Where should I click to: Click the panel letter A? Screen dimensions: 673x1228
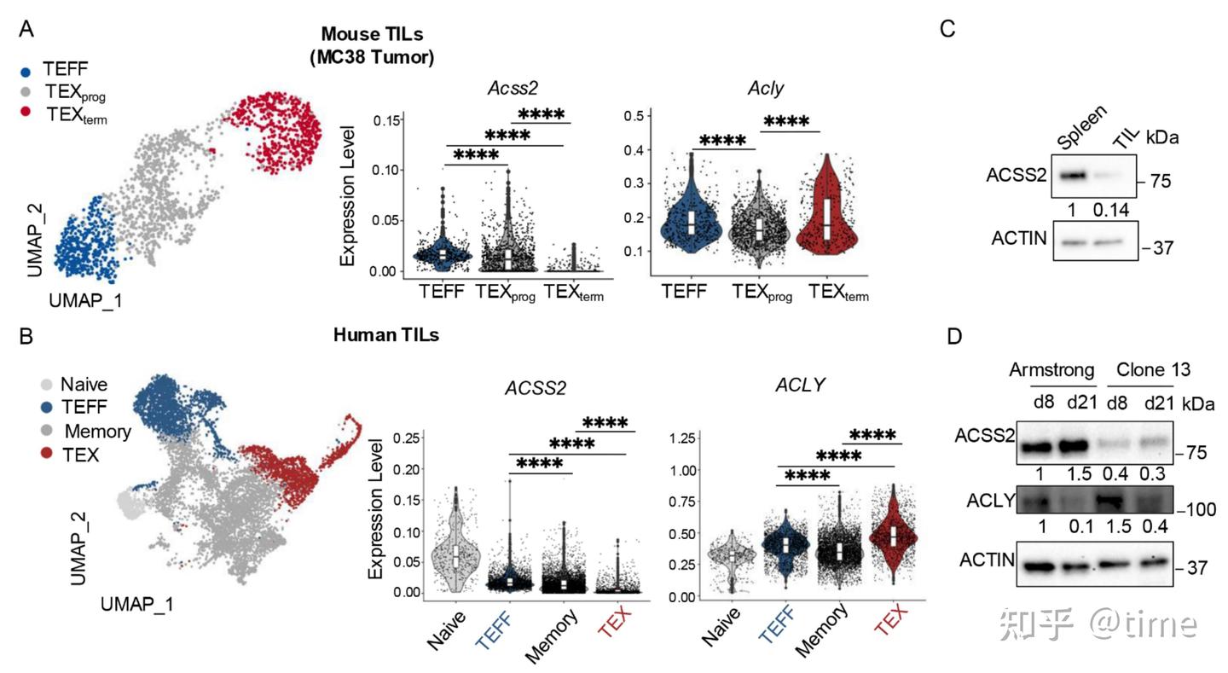tap(26, 30)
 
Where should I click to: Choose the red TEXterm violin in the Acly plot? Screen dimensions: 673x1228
tap(824, 213)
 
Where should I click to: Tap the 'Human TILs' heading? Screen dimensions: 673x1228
tap(385, 334)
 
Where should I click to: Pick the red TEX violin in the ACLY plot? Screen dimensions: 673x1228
tap(894, 533)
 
